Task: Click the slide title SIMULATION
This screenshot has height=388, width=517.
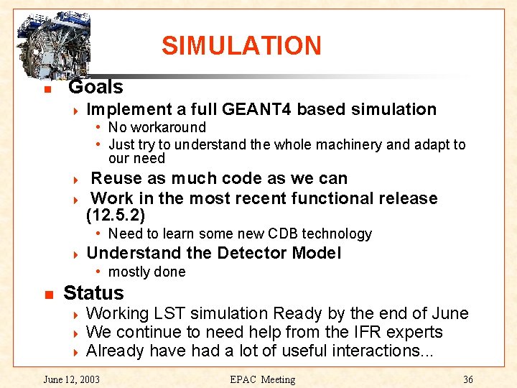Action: pyautogui.click(x=241, y=45)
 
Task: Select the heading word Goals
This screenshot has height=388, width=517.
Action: pyautogui.click(x=96, y=88)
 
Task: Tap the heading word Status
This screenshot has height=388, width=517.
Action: pyautogui.click(x=93, y=293)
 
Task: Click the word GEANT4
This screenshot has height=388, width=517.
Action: pyautogui.click(x=257, y=109)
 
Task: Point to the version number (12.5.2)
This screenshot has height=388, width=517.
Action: pyautogui.click(x=115, y=215)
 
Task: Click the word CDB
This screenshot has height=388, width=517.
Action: pyautogui.click(x=284, y=234)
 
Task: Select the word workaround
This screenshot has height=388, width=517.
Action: pyautogui.click(x=167, y=127)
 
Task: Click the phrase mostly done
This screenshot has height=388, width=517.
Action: pyautogui.click(x=146, y=272)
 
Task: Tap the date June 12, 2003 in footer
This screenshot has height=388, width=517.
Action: pyautogui.click(x=72, y=379)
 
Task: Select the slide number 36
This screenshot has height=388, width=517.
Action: pyautogui.click(x=467, y=379)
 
